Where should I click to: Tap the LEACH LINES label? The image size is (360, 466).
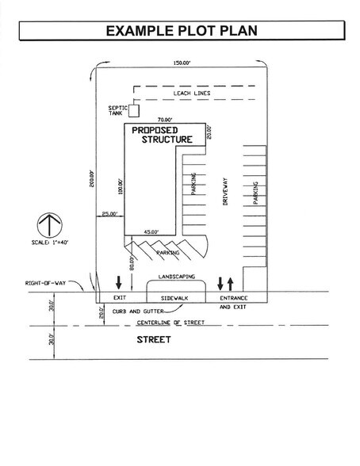click(190, 94)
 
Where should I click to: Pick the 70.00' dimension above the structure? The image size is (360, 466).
click(165, 120)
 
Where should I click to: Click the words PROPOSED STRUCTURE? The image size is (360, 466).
click(160, 134)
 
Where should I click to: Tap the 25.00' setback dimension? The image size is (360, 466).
click(109, 213)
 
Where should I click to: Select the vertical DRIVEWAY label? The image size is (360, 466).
click(225, 190)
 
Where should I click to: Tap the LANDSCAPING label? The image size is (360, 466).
click(176, 277)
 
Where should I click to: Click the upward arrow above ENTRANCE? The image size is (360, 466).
click(231, 282)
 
